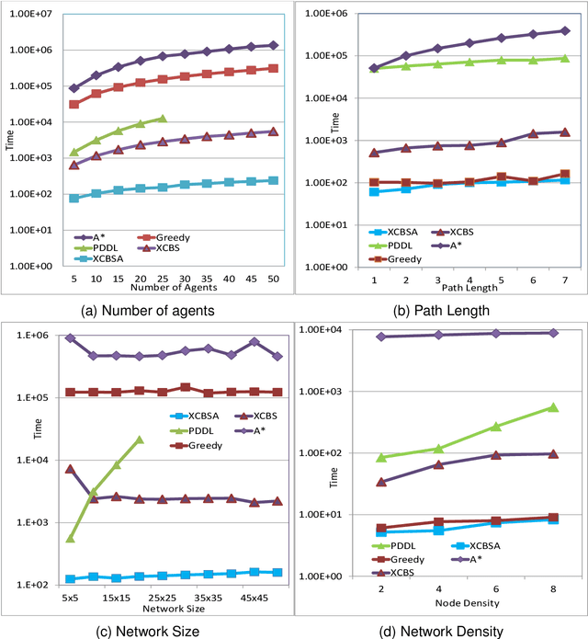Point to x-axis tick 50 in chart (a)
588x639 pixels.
(x=273, y=277)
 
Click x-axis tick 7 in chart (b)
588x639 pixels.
(x=564, y=279)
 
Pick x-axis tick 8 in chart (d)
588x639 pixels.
(x=552, y=588)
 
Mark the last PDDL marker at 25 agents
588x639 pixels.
(x=162, y=119)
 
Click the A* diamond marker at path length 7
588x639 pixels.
(x=564, y=31)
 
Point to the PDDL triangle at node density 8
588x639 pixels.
(x=552, y=407)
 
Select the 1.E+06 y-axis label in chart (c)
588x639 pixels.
(x=33, y=336)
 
